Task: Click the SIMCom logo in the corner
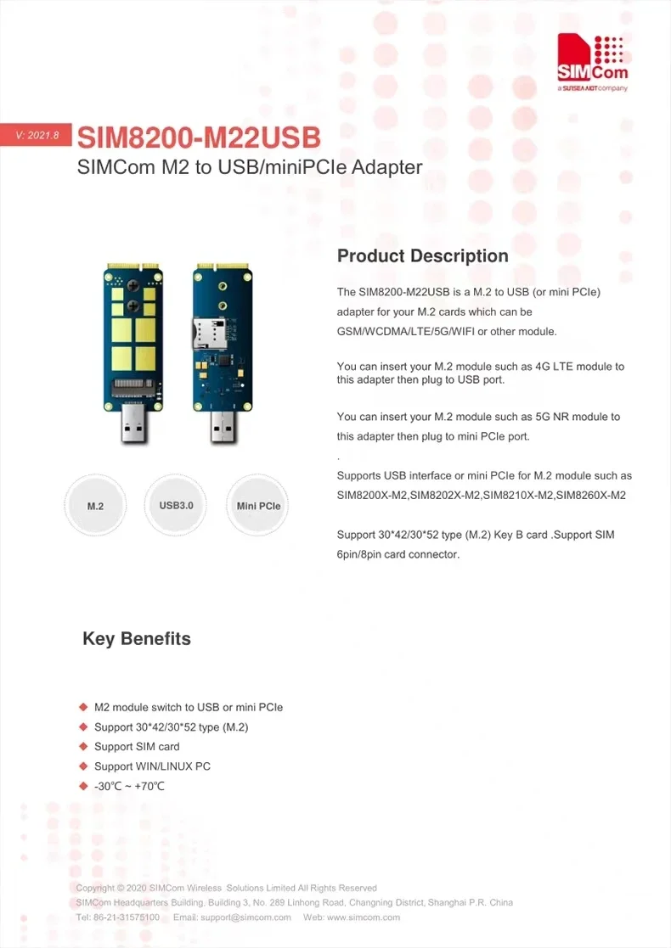pyautogui.click(x=592, y=64)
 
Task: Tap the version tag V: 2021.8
pyautogui.click(x=37, y=136)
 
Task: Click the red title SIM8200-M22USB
pyautogui.click(x=199, y=137)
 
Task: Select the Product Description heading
pyautogui.click(x=422, y=256)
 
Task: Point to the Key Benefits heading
pyautogui.click(x=137, y=639)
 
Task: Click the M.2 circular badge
pyautogui.click(x=95, y=506)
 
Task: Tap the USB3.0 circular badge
pyautogui.click(x=177, y=505)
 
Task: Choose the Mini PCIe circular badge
pyautogui.click(x=258, y=506)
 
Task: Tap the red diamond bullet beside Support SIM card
pyautogui.click(x=83, y=747)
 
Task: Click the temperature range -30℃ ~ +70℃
pyautogui.click(x=129, y=787)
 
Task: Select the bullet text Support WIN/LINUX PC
pyautogui.click(x=152, y=766)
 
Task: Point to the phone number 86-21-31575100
pyautogui.click(x=126, y=917)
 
